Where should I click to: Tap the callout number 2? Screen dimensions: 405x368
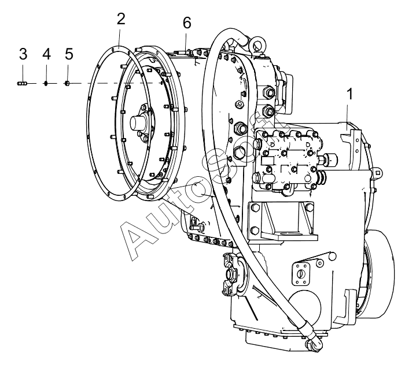point(120,18)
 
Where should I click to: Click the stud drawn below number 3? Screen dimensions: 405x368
point(23,83)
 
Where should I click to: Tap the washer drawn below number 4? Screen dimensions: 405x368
point(46,83)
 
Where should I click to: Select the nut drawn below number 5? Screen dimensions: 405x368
point(68,83)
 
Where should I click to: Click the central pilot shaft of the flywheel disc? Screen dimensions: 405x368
point(139,123)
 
